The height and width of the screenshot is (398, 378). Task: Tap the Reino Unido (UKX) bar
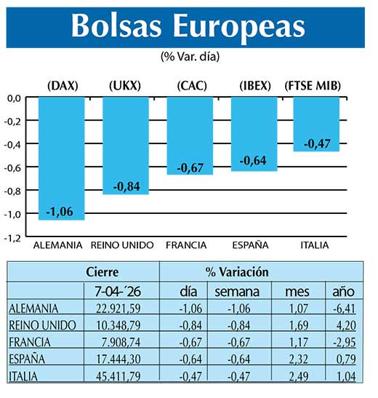tap(125, 146)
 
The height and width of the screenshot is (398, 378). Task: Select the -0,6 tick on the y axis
tap(13, 167)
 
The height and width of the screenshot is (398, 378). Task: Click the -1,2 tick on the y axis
tap(13, 237)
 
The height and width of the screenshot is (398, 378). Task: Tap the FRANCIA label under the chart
tap(186, 245)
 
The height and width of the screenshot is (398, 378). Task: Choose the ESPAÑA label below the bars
tap(251, 245)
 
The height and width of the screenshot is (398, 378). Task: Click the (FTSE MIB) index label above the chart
tap(313, 86)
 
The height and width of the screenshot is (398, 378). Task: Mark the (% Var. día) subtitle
tap(188, 56)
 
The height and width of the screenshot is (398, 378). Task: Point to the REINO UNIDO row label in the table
tap(44, 325)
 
